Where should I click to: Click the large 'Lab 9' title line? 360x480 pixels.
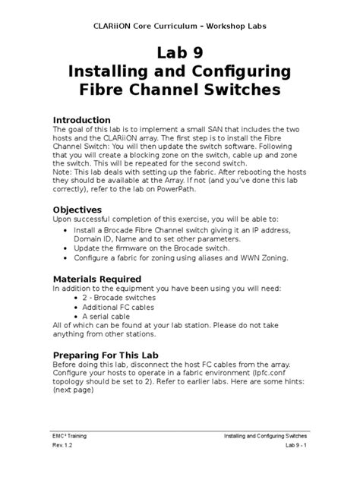[180, 53]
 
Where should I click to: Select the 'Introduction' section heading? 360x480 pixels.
[87, 120]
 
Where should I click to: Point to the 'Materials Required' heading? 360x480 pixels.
[103, 279]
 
